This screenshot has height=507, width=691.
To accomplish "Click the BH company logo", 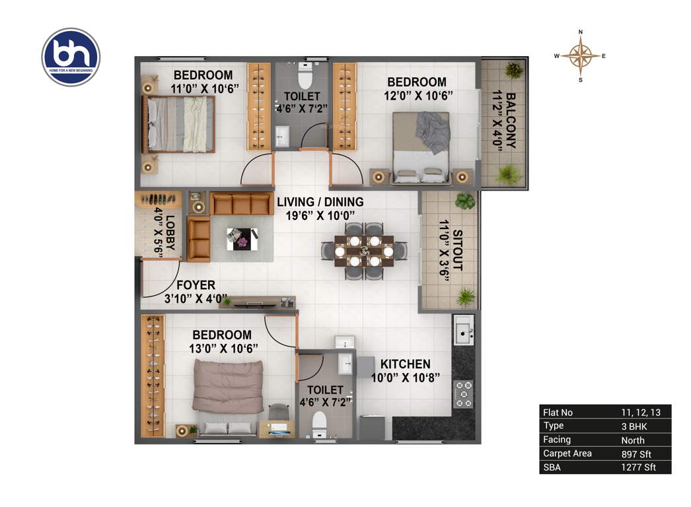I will pos(71,57).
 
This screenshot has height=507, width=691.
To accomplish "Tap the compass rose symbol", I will pos(580,56).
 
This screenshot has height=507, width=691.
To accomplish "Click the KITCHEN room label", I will pos(405,364).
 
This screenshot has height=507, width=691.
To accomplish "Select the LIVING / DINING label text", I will pos(320,202).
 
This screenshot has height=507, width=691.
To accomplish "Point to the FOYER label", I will pos(195,285).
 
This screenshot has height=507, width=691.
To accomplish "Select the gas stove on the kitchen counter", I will pos(464,393).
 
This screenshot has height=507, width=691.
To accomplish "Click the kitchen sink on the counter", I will pos(464,329).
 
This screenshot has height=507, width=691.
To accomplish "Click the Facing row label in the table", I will pos(557,440).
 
